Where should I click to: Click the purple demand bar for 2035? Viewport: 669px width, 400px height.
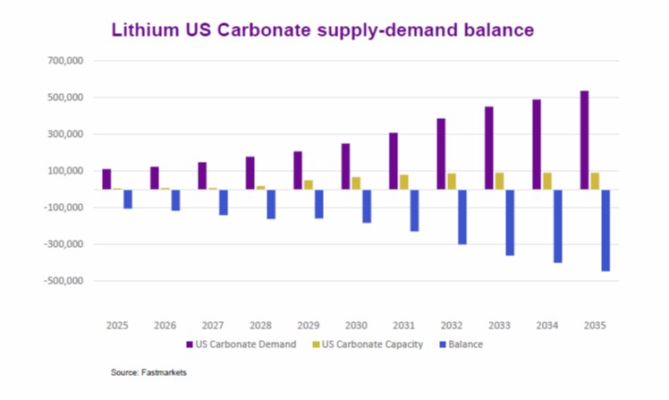click(584, 140)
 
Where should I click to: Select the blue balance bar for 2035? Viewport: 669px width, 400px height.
click(605, 230)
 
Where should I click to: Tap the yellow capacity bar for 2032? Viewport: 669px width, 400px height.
click(453, 182)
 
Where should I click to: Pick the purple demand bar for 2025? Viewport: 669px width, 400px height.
click(106, 179)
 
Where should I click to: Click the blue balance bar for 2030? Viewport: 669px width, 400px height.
click(367, 206)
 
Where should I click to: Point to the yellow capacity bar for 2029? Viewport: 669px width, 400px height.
click(309, 184)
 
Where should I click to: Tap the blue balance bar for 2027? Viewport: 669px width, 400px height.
click(223, 202)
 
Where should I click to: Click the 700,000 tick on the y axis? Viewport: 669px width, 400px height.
click(64, 61)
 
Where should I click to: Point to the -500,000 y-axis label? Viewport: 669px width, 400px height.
click(62, 281)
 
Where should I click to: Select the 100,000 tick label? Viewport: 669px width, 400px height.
click(64, 171)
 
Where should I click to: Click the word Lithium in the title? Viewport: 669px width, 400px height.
click(141, 29)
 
